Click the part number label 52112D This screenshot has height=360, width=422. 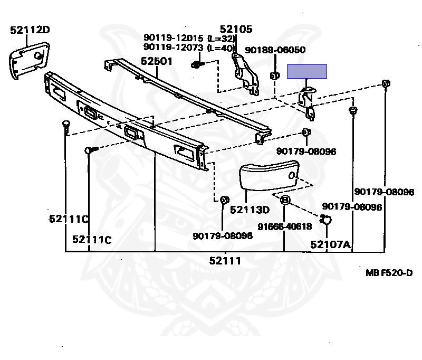tap(30, 30)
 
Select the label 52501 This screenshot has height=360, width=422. tap(157, 61)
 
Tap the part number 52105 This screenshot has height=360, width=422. tap(236, 30)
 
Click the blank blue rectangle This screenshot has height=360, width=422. tap(306, 71)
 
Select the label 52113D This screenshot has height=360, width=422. tap(250, 210)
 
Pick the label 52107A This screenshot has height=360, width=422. tap(330, 244)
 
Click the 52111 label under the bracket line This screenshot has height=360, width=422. tap(225, 260)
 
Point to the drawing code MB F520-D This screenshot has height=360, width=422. tap(389, 273)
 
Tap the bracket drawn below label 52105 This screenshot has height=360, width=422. tap(245, 71)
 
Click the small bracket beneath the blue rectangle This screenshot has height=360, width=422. tap(308, 101)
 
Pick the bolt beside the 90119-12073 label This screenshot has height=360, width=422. tap(196, 64)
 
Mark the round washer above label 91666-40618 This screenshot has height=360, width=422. tap(284, 200)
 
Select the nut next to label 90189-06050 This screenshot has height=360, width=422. tap(274, 75)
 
